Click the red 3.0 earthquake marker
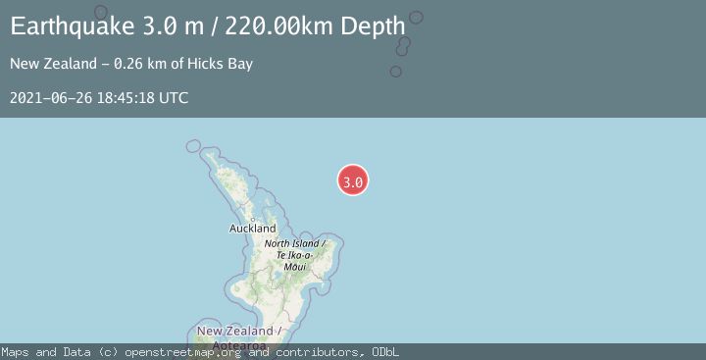coord(353,180)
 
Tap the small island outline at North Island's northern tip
coord(193,146)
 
